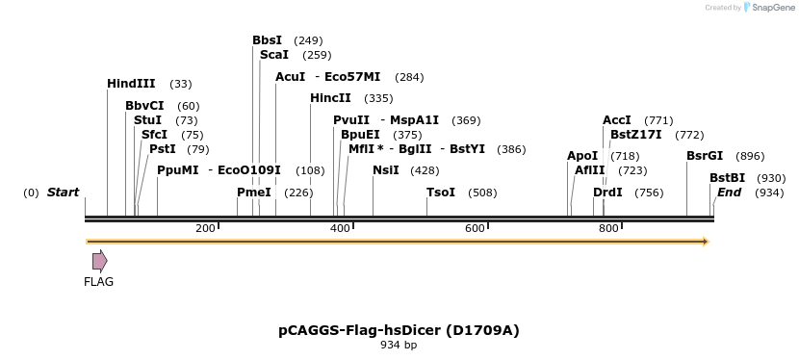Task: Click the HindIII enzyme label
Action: point(131,85)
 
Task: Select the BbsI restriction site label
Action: point(267,40)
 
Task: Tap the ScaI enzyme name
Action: point(273,55)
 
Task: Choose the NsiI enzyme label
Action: point(385,170)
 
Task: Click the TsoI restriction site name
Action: point(441,193)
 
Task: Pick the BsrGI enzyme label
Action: point(704,156)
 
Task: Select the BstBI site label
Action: point(727,178)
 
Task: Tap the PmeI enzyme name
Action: point(254,193)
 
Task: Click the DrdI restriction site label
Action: point(607,193)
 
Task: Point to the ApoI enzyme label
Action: point(582,156)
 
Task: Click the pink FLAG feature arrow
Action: point(99,261)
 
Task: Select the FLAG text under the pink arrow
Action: point(98,282)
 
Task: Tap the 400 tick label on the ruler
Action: point(340,228)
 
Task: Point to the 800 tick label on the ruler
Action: point(608,228)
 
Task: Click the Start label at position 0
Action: point(63,193)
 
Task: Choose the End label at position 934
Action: point(729,193)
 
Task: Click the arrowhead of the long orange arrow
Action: point(706,242)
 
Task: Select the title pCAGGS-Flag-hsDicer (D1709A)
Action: point(399,330)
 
